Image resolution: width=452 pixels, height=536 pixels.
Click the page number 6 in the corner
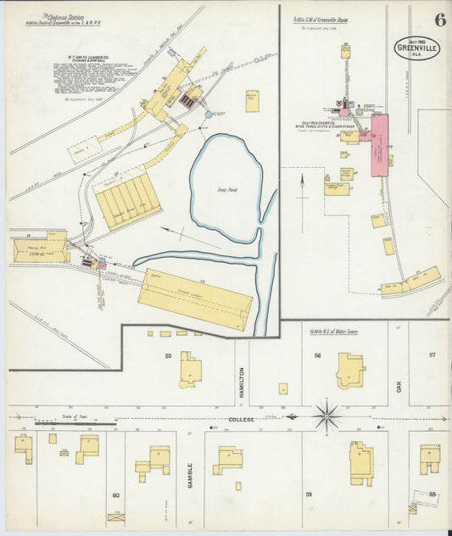pyautogui.click(x=440, y=20)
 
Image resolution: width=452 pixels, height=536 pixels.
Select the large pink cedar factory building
pyautogui.click(x=378, y=145)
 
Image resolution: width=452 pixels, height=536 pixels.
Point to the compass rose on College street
pyautogui.click(x=326, y=416)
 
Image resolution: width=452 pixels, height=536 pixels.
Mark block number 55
pyautogui.click(x=169, y=355)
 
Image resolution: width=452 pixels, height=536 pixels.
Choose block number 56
pyautogui.click(x=317, y=355)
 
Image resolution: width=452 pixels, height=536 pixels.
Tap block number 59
pyautogui.click(x=310, y=494)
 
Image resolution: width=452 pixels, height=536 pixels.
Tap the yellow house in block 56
pyautogui.click(x=350, y=371)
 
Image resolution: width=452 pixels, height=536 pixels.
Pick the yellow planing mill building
pyautogui.click(x=40, y=247)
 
